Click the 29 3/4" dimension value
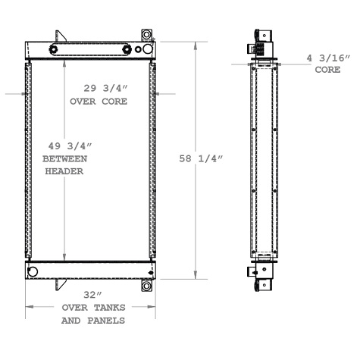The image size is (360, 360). click(x=98, y=87)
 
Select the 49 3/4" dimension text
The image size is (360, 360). click(x=64, y=146)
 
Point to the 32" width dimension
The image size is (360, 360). click(x=92, y=294)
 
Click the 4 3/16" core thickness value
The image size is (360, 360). click(x=328, y=58)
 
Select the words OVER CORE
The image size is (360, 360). click(x=98, y=101)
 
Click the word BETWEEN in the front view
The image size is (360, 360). click(x=64, y=158)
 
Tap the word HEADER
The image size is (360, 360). click(x=64, y=171)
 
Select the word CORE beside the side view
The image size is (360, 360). click(x=328, y=70)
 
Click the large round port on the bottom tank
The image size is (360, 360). click(x=33, y=271)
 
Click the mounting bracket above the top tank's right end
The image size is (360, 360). click(x=146, y=36)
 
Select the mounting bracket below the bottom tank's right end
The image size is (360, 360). click(x=146, y=286)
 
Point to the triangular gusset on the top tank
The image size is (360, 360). click(x=59, y=36)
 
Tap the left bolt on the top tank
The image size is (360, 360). click(x=54, y=50)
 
